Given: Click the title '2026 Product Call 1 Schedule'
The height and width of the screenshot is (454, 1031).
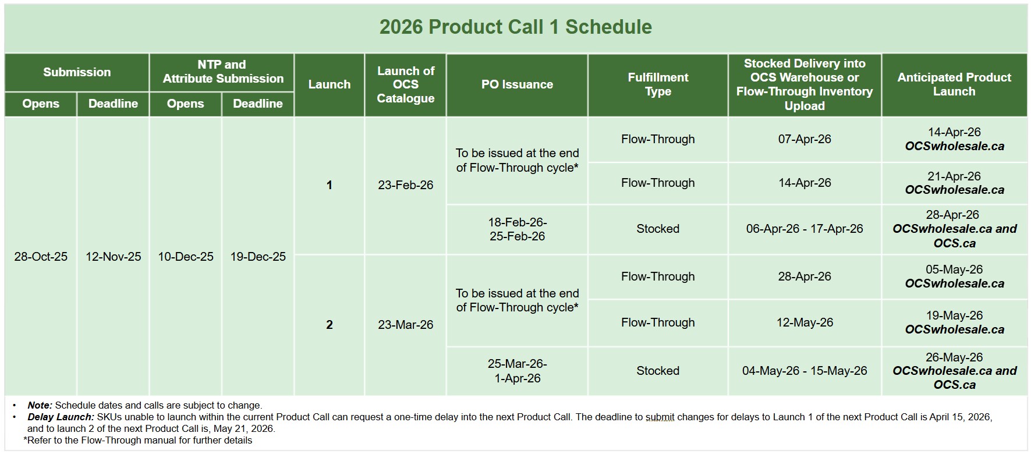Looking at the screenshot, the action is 515,27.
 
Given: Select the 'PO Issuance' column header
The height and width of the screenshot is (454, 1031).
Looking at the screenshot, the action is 517,84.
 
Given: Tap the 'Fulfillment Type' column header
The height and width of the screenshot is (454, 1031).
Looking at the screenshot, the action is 658,84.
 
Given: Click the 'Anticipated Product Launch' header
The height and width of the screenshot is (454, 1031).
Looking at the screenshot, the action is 954,84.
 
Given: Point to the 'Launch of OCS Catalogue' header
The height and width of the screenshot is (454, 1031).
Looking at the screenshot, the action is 405,84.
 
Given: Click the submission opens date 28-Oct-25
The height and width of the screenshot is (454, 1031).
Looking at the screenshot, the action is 41,257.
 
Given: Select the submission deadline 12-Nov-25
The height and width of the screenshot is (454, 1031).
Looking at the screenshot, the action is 113,257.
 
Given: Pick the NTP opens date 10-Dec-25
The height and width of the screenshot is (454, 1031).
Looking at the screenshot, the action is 186,257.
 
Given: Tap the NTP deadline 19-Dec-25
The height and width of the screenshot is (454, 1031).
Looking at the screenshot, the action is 258,257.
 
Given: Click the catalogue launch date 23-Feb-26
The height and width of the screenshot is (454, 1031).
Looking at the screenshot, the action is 405,185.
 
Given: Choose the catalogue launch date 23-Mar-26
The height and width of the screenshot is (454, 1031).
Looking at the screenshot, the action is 405,325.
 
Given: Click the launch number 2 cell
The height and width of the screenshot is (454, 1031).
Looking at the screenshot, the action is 330,325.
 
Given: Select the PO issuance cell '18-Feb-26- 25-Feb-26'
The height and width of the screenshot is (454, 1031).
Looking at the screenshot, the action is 517,229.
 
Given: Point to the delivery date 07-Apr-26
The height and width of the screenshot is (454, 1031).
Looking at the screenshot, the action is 805,139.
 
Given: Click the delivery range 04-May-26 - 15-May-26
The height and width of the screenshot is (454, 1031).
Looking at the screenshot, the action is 805,371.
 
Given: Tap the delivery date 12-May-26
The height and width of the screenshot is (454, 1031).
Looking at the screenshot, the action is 805,322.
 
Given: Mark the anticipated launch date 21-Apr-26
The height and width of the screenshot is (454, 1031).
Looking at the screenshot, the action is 954,176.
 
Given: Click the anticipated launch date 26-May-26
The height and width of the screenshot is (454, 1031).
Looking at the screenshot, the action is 954,357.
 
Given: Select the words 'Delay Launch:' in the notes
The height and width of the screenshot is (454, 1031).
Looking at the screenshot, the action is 61,417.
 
